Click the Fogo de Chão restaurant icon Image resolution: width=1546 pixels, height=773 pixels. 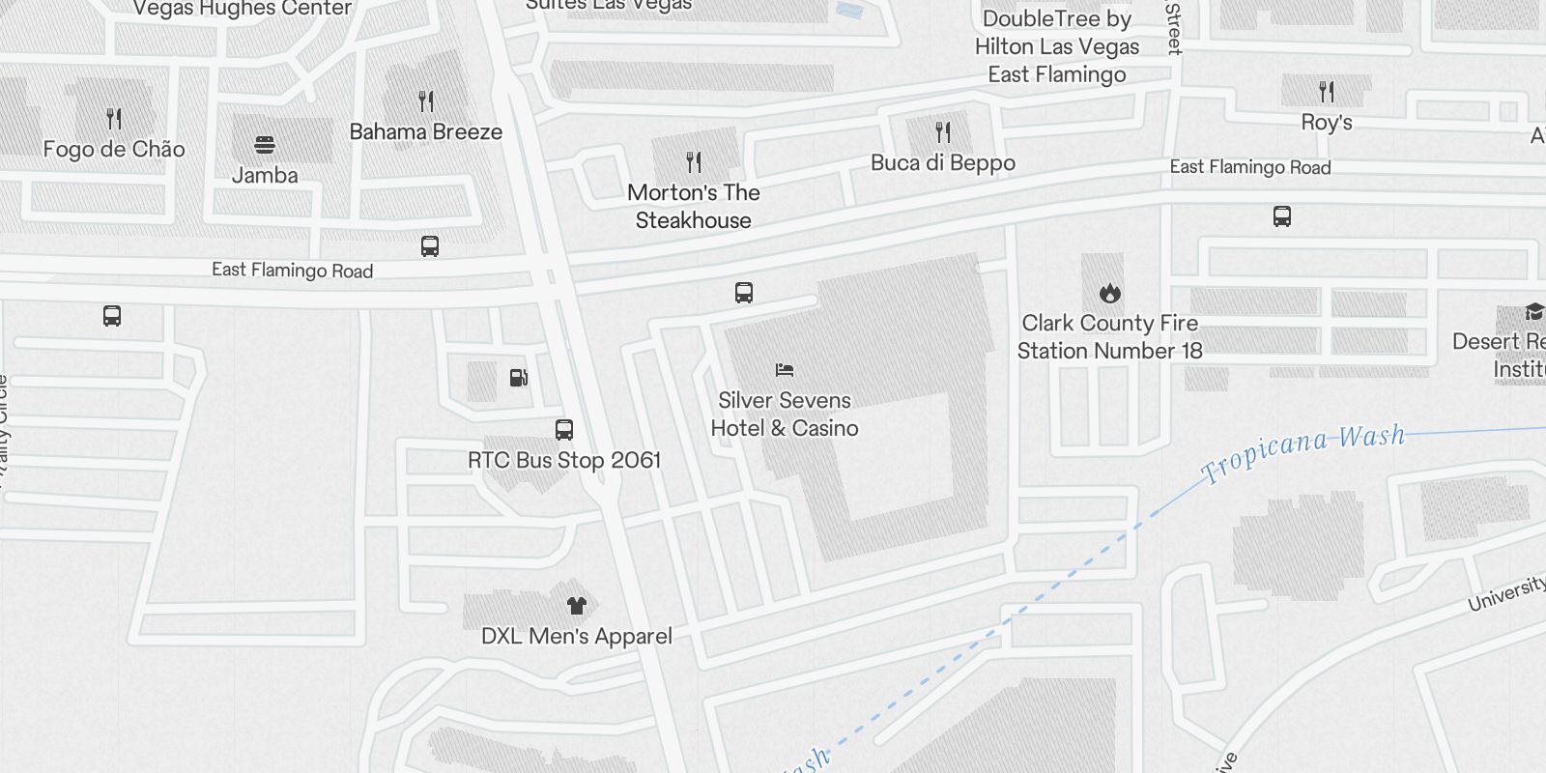point(114,119)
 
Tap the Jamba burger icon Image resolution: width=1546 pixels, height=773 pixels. point(265,145)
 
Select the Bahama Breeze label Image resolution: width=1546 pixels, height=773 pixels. point(425,132)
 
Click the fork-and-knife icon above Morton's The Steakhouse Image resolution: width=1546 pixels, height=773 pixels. point(693,161)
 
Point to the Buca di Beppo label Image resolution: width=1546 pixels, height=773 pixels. point(942,163)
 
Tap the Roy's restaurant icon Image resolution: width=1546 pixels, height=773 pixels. point(1327,92)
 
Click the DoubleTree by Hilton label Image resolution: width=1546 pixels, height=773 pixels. point(1056,46)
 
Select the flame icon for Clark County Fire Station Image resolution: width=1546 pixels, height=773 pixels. point(1109,292)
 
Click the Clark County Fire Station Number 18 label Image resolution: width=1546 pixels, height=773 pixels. point(1109,337)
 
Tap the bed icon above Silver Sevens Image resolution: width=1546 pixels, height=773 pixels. point(785,370)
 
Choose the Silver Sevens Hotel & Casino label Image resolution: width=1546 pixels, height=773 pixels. point(785,415)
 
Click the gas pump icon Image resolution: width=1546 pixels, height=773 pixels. point(519,378)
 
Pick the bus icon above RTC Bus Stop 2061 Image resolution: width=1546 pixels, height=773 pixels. point(564,430)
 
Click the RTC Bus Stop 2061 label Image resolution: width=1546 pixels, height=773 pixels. point(564,461)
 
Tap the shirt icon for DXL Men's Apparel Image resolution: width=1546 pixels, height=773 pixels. point(577,606)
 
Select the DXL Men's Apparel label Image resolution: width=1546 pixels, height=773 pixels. point(577,637)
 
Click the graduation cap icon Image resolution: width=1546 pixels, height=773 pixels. point(1533,311)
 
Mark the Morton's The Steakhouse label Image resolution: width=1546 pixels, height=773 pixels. point(693,207)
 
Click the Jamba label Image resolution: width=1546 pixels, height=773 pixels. point(265,176)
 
